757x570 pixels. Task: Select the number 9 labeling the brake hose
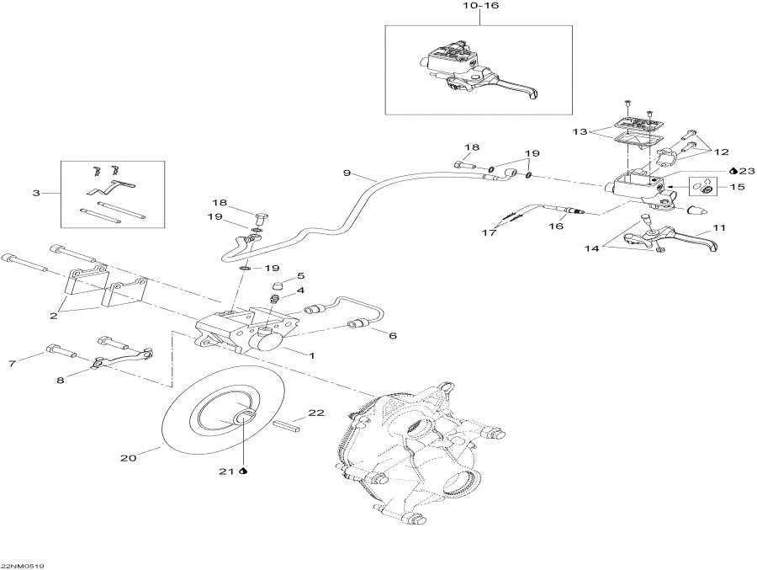click(346, 173)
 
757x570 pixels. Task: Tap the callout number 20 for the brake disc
click(128, 459)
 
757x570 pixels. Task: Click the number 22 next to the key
click(315, 413)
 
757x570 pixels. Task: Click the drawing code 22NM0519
click(23, 566)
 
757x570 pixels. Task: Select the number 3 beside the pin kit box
click(36, 194)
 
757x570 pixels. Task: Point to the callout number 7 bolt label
click(12, 364)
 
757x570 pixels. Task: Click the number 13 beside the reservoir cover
click(579, 131)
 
